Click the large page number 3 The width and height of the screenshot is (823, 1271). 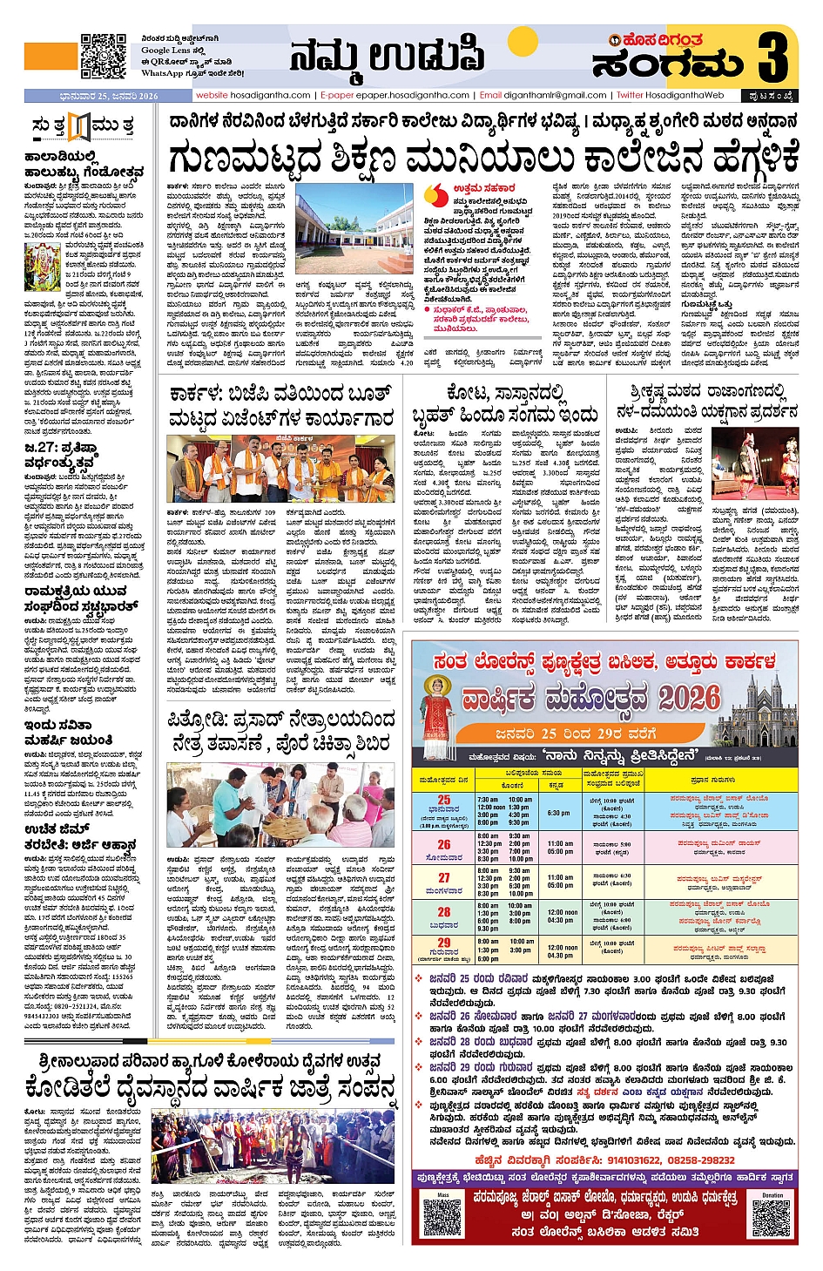[x=772, y=57]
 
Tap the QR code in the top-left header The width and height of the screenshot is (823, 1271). [x=104, y=57]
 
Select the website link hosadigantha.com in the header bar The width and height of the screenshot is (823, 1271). [x=253, y=96]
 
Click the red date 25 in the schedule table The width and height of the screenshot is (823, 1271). [x=444, y=800]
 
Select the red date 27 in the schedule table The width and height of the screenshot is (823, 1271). [x=444, y=878]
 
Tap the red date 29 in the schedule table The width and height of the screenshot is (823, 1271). [x=444, y=943]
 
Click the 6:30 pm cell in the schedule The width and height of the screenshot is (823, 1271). [x=559, y=813]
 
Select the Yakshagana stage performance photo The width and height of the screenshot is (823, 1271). [x=754, y=464]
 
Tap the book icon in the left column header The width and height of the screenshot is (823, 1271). [x=79, y=127]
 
